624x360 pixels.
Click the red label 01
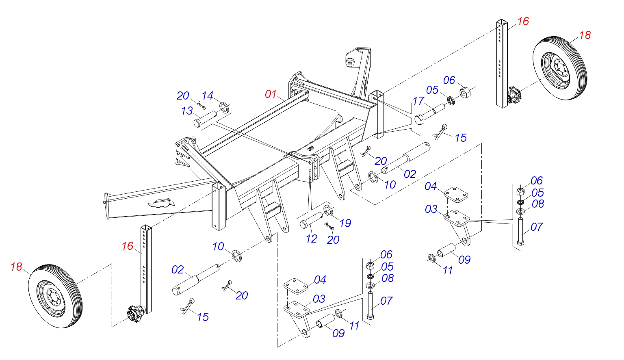pos(271,94)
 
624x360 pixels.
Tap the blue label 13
pos(187,111)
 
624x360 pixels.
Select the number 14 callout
pos(208,96)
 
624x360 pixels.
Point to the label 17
pos(418,101)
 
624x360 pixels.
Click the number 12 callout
pos(312,239)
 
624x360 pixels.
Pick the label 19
pos(345,223)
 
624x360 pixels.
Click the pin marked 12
pos(311,220)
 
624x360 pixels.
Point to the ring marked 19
pos(328,211)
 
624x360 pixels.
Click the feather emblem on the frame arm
pos(161,202)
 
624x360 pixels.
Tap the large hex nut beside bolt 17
pos(466,92)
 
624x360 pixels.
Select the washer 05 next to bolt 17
pos(451,100)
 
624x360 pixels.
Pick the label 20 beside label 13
pos(183,96)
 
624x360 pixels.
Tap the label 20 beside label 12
pos(333,240)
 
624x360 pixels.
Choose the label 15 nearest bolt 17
pos(460,138)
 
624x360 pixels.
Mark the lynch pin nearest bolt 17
pos(440,132)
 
